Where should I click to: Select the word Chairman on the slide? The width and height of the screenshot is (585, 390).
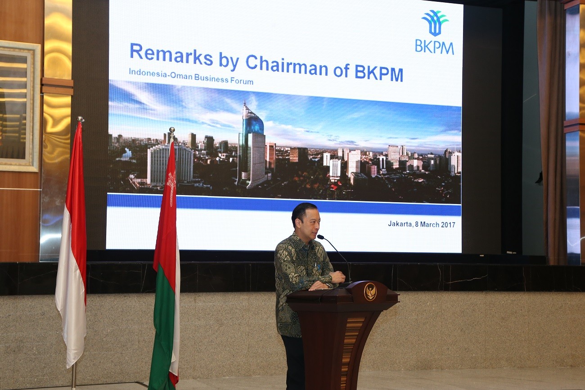[x=287, y=66]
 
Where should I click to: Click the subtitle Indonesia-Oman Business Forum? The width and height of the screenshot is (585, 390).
[x=191, y=77]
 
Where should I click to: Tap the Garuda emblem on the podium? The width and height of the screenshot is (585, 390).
[x=370, y=291]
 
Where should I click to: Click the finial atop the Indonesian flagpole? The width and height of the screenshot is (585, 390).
[x=80, y=119]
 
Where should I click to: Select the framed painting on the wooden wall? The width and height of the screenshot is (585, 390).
[x=18, y=106]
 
